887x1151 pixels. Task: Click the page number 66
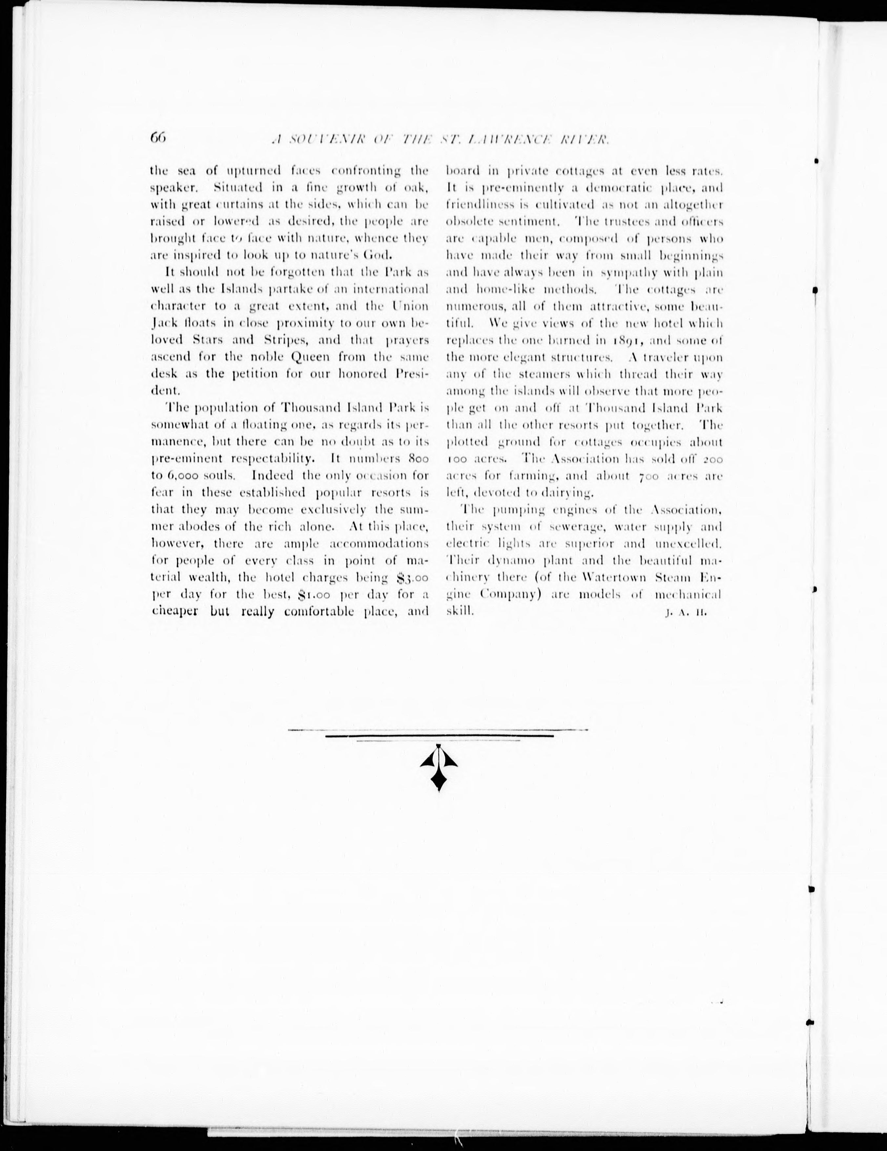coord(158,138)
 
